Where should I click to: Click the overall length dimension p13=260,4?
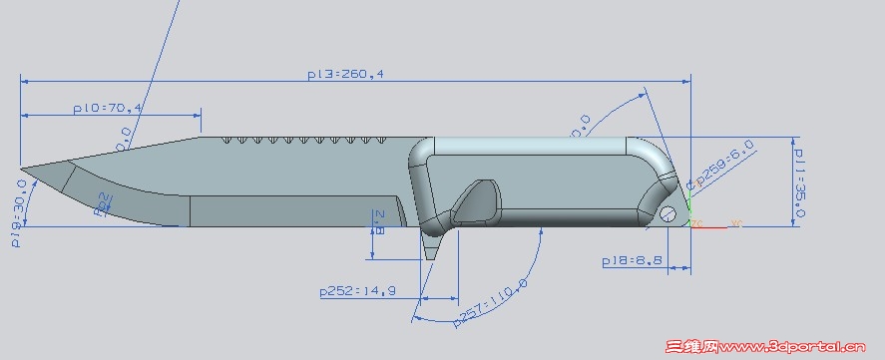[x=346, y=74]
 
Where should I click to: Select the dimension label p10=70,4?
[x=109, y=108]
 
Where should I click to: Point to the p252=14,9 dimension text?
[x=358, y=291]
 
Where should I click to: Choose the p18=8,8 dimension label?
[x=633, y=260]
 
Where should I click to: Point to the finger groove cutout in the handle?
[x=477, y=200]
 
